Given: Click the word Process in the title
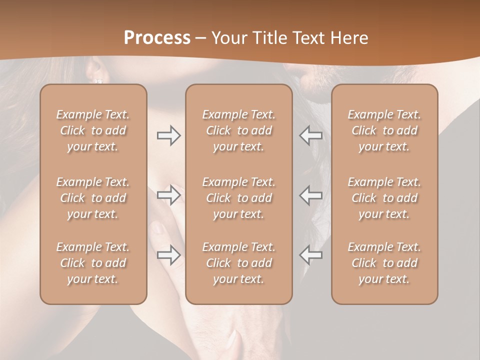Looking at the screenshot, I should click(x=157, y=38).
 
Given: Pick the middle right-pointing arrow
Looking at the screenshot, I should click(x=168, y=195).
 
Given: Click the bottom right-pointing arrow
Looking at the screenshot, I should click(x=168, y=255).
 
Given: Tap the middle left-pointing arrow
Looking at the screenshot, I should click(x=311, y=195).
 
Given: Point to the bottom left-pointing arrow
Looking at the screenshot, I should click(x=311, y=255).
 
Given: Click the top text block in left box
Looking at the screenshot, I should click(x=93, y=130).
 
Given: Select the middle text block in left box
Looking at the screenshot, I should click(x=93, y=198).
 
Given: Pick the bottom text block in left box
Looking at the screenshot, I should click(x=93, y=263).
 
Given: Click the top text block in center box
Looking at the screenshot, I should click(x=238, y=130).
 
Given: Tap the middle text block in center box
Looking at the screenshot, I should click(x=238, y=198).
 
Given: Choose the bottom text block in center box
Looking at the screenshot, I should click(x=238, y=263).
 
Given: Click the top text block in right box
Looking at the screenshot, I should click(x=384, y=130).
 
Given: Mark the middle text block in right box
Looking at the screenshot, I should click(x=384, y=198).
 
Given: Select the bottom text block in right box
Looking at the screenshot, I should click(x=384, y=263).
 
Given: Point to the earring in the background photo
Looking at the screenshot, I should click(x=98, y=80).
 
